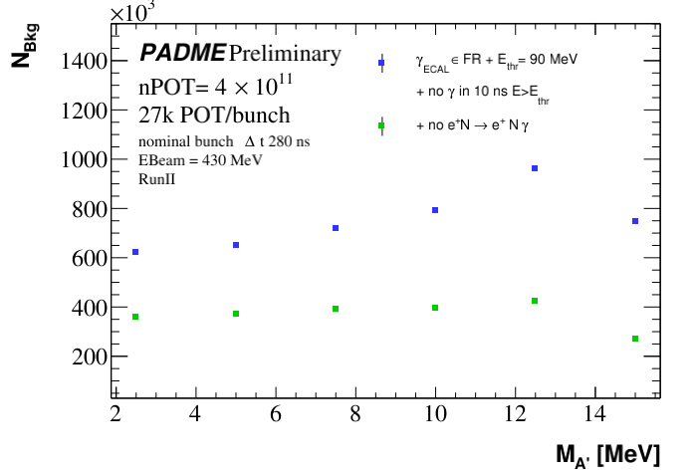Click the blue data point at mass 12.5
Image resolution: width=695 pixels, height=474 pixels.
(x=535, y=168)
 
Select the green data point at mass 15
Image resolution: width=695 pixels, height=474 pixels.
(x=635, y=339)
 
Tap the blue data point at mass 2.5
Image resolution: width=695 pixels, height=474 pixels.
(x=135, y=252)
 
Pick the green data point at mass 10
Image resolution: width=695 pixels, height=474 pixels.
(x=435, y=308)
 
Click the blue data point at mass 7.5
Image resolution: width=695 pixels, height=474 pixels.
(x=336, y=228)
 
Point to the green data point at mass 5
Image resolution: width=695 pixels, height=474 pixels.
(x=236, y=314)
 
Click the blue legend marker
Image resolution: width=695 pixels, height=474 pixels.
(x=381, y=63)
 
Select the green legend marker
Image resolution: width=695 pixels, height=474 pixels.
(x=381, y=126)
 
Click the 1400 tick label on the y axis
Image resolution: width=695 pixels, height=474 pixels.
(x=78, y=62)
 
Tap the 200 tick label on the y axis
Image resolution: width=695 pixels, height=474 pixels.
(x=84, y=356)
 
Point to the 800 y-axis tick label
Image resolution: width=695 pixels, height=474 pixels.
(x=84, y=209)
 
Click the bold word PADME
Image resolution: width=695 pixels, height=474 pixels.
(x=182, y=53)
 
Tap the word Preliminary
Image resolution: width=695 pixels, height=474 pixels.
(x=285, y=53)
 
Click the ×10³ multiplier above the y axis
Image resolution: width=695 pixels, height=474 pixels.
(x=135, y=13)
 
